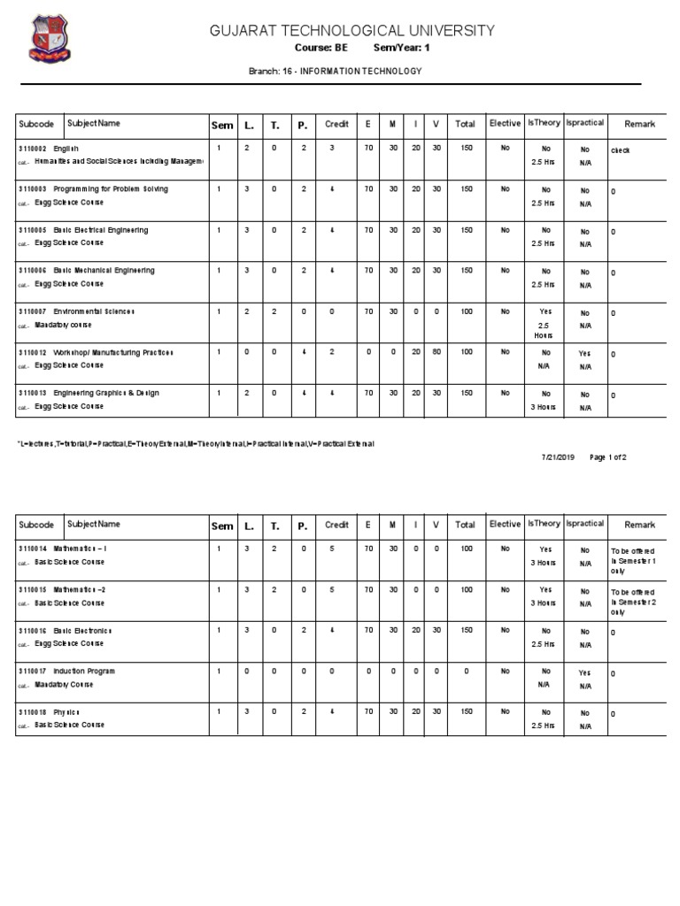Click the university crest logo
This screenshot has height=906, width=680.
[49, 40]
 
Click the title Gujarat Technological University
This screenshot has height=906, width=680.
[352, 31]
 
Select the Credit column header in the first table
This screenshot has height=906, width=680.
[336, 125]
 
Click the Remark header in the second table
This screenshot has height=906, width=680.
[639, 525]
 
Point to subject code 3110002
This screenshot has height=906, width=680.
[32, 149]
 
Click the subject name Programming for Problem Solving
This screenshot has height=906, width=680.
[110, 189]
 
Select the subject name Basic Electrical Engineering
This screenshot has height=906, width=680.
[100, 230]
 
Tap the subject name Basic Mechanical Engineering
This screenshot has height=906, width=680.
[104, 271]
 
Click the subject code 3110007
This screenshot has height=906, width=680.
[32, 312]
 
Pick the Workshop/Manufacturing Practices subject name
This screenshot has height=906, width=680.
[113, 352]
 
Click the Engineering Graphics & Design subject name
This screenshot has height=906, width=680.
[106, 393]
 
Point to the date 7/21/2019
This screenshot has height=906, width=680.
[558, 457]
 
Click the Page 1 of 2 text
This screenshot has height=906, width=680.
[607, 457]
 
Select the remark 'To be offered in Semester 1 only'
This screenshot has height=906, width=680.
[632, 561]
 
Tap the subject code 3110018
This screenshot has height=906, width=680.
[32, 712]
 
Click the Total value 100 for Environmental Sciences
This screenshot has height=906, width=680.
[465, 311]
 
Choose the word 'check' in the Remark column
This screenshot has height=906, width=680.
[620, 150]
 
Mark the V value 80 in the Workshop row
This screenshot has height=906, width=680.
[436, 352]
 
